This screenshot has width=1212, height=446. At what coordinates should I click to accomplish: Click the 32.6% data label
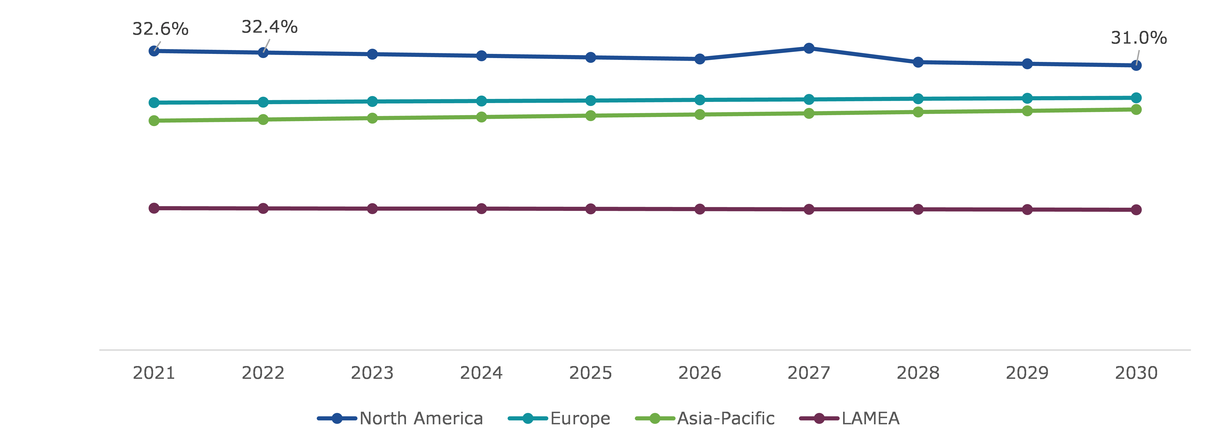(160, 29)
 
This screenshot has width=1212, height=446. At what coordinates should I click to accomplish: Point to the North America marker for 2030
(1136, 65)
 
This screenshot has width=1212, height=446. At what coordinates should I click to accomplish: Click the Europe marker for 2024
(481, 101)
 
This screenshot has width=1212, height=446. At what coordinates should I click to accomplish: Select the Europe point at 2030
(1136, 98)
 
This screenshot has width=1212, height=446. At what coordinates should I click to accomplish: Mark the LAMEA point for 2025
(590, 209)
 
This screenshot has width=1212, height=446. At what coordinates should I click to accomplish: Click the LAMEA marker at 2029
(1027, 209)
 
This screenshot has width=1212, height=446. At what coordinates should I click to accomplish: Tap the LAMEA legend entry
(850, 418)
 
